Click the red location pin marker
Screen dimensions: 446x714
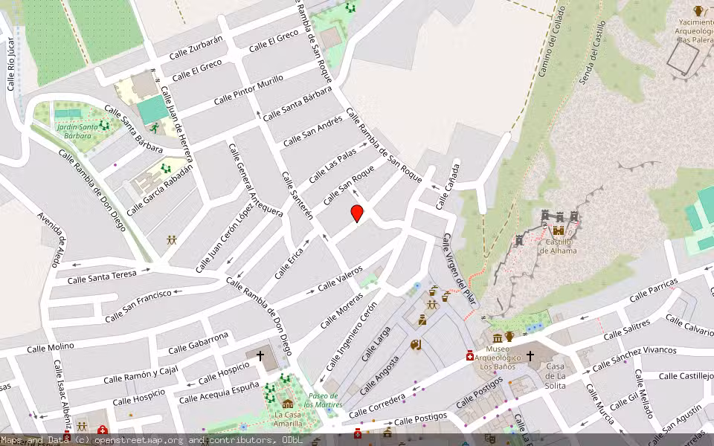click(x=357, y=213)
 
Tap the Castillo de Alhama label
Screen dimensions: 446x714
click(x=558, y=246)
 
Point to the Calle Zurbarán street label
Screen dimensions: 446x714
click(x=196, y=48)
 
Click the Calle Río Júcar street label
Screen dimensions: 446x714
click(x=10, y=65)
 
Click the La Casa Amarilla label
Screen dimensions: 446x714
click(x=288, y=419)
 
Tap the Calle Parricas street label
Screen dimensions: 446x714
click(x=653, y=290)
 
